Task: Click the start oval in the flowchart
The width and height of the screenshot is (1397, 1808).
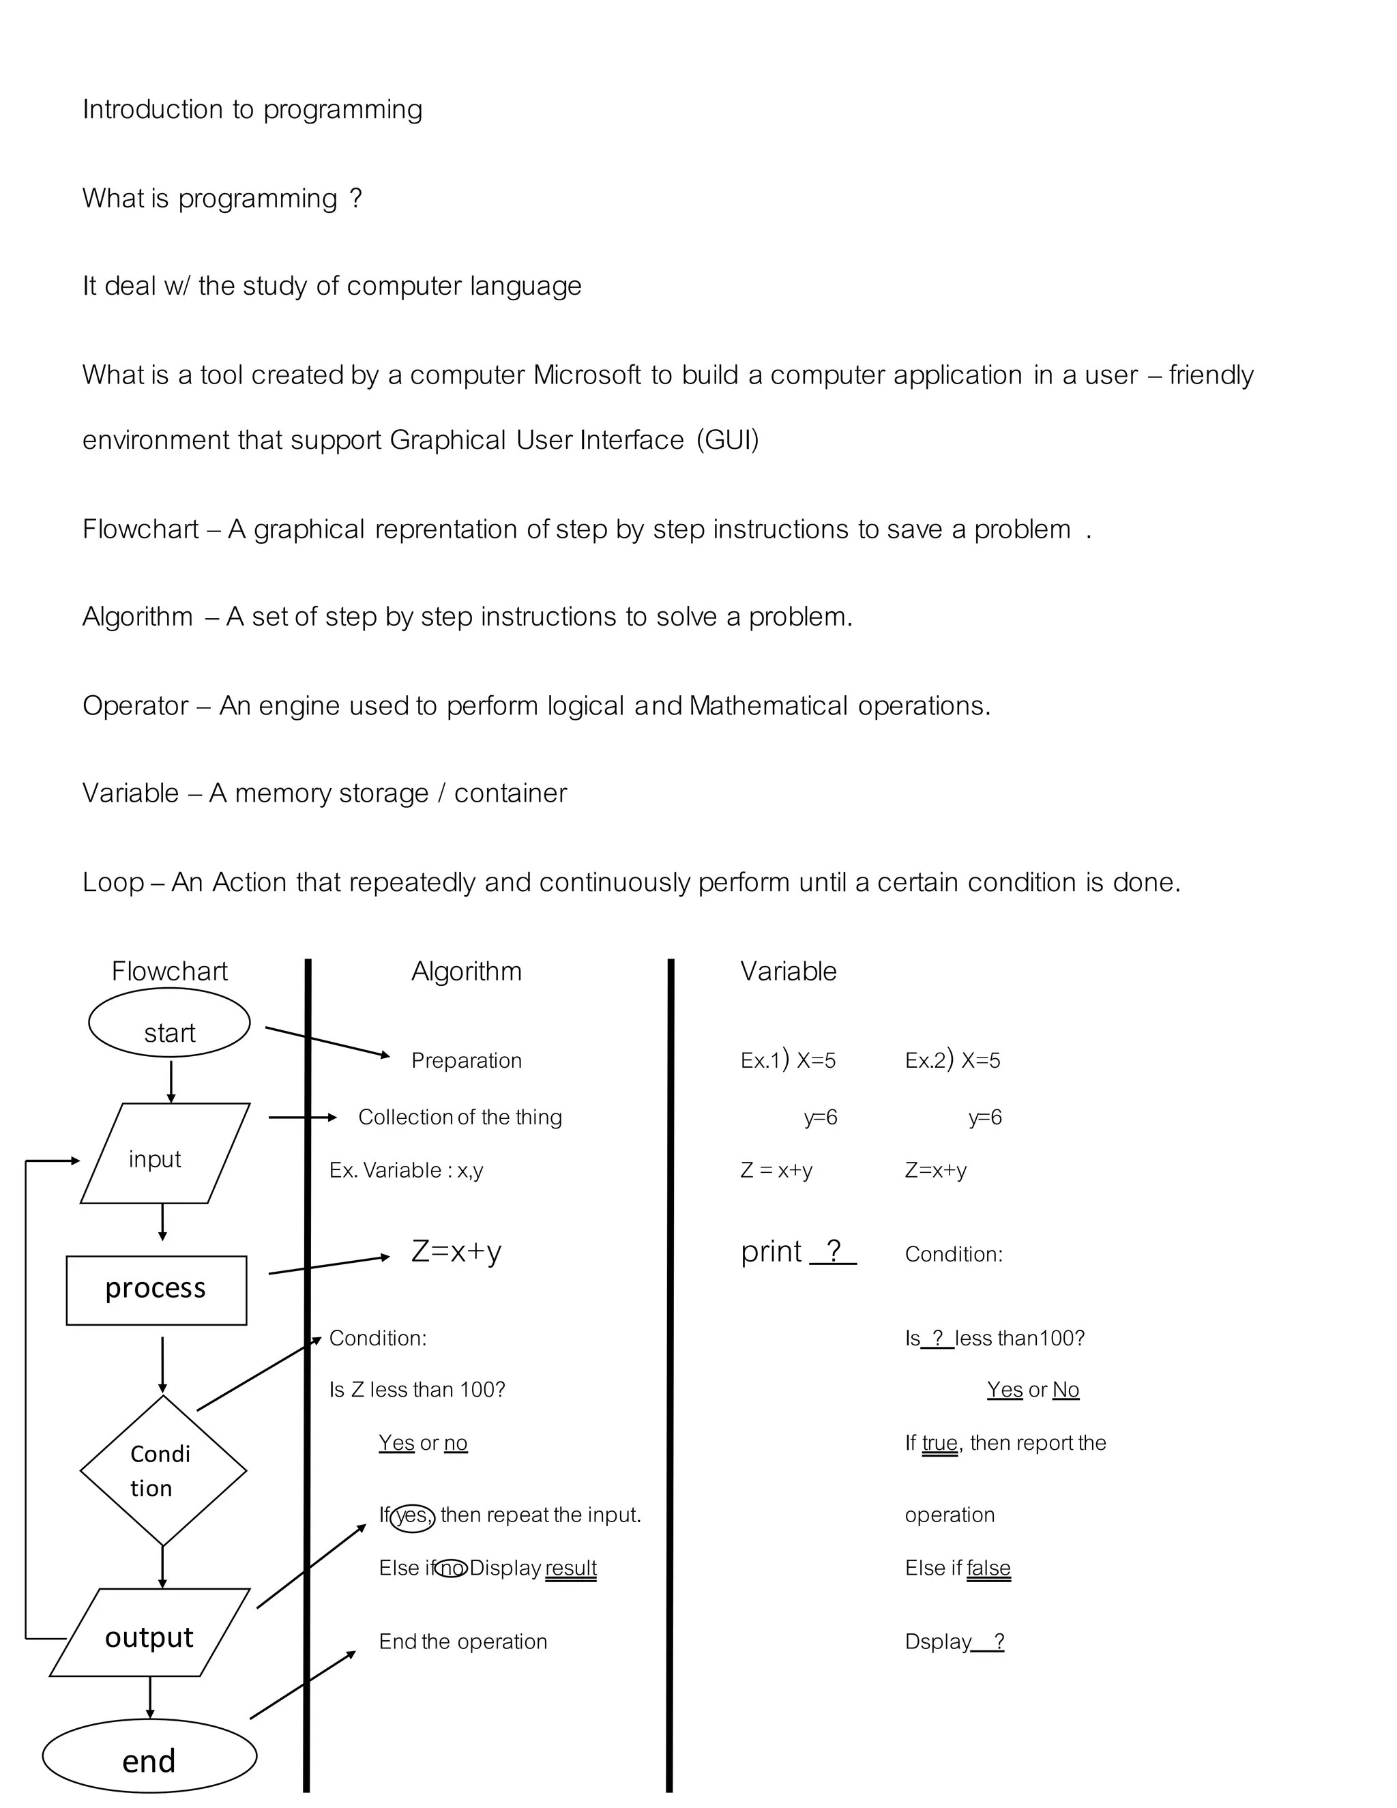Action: pyautogui.click(x=169, y=1023)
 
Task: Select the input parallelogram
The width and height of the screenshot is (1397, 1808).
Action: pyautogui.click(x=164, y=1153)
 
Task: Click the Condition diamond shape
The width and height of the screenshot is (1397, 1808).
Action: pyautogui.click(x=163, y=1471)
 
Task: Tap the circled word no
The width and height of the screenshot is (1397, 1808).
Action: pyautogui.click(x=451, y=1568)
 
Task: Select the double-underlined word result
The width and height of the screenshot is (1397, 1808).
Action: pyautogui.click(x=570, y=1568)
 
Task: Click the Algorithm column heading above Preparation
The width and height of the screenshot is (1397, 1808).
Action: pyautogui.click(x=467, y=971)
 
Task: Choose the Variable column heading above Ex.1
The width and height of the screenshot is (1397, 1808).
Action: pyautogui.click(x=788, y=971)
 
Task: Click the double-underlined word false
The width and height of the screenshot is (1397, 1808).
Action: pyautogui.click(x=988, y=1568)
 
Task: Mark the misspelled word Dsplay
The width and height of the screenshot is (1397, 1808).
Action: pyautogui.click(x=938, y=1642)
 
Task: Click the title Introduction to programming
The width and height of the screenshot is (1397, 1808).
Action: pyautogui.click(x=252, y=109)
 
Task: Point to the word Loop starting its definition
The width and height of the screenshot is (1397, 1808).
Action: pyautogui.click(x=113, y=882)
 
